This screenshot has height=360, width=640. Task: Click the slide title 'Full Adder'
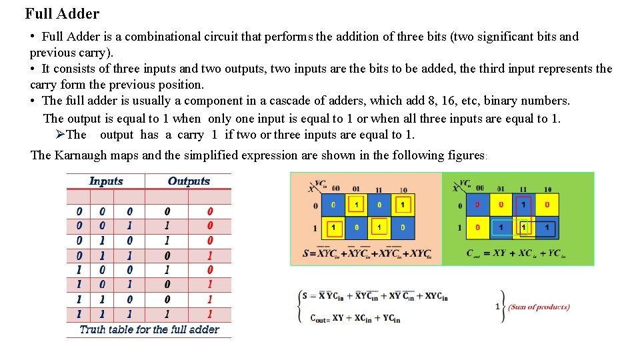pos(62,13)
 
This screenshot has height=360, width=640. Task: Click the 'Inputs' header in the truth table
pos(106,181)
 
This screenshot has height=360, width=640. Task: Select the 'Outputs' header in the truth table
pos(189,181)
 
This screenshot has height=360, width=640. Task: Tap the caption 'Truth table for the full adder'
pos(149,329)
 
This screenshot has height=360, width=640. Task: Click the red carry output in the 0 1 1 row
pos(210,255)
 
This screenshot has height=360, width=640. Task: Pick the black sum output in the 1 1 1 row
pos(167,314)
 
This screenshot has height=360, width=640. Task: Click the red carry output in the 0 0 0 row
pos(210,211)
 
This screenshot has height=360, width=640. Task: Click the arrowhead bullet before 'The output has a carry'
pos(60,135)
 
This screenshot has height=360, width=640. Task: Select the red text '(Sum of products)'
pos(539,307)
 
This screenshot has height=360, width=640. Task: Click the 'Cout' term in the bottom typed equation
pos(321,319)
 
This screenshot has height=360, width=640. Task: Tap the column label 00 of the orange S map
pos(335,189)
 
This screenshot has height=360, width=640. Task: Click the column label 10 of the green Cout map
pos(547,189)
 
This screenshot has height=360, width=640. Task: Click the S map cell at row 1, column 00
pos(333,228)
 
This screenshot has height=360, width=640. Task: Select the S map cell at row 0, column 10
pos(402,205)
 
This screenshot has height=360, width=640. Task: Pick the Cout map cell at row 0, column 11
pos(523,205)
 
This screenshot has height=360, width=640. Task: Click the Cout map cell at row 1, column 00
pos(477,228)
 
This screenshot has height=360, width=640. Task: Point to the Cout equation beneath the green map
pos(517,253)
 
